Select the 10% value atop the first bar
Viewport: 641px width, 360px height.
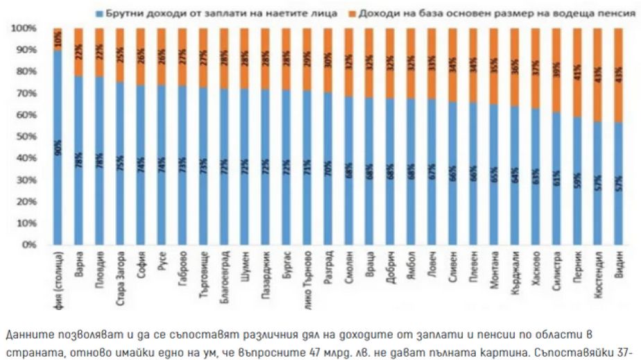pyautogui.click(x=58, y=35)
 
